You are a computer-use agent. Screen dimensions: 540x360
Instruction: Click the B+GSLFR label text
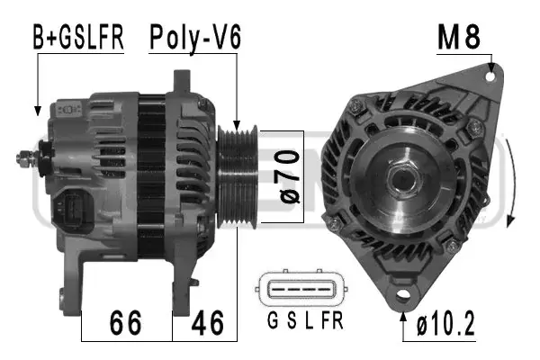tap(78, 37)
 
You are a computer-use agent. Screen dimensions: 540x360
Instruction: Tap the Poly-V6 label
tap(195, 38)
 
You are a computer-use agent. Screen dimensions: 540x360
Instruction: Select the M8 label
tap(459, 37)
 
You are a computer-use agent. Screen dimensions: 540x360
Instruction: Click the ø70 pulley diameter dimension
tap(290, 176)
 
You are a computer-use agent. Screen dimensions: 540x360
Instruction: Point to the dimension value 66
tap(125, 323)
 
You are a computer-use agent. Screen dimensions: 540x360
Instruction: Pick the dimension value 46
tap(208, 323)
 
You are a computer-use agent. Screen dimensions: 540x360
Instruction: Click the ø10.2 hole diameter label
tap(445, 323)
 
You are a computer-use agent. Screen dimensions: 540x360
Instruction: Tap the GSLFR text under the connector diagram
tap(305, 320)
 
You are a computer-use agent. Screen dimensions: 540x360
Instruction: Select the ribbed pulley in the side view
tap(238, 176)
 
